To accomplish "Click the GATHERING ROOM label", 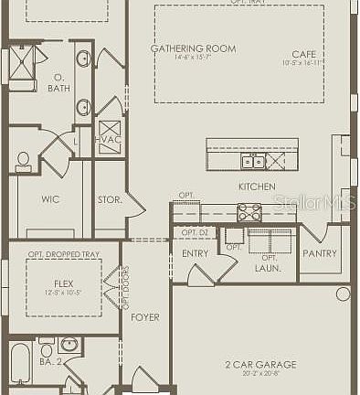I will tap(193, 48).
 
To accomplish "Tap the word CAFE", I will tap(303, 54).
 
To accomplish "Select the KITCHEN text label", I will tap(257, 187).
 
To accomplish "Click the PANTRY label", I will tap(319, 253).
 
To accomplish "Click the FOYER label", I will tap(144, 317).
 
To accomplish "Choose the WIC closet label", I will tap(50, 198).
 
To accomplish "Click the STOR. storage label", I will tap(110, 198).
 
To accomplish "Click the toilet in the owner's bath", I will tap(24, 161).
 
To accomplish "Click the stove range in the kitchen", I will tap(249, 212).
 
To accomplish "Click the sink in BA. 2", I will tap(69, 346).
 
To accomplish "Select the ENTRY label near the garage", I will tap(195, 253).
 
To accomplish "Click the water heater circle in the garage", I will tap(342, 294).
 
